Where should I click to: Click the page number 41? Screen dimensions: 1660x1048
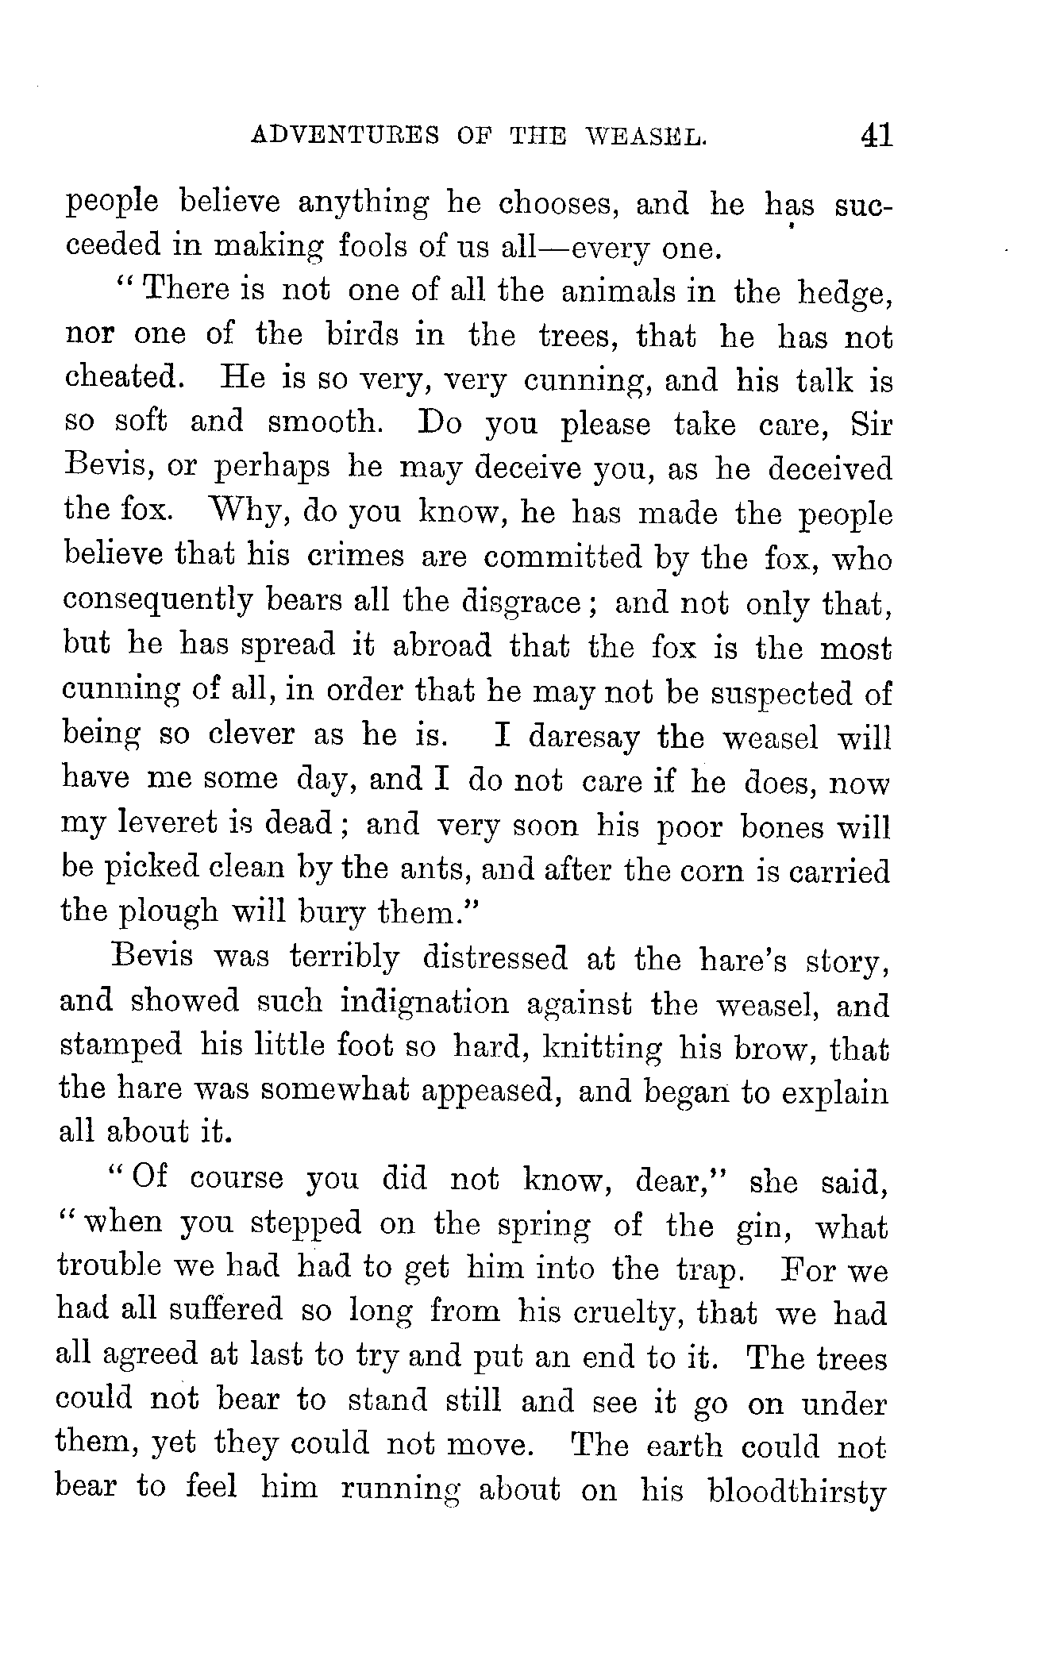click(876, 135)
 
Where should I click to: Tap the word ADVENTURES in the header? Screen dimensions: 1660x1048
click(345, 137)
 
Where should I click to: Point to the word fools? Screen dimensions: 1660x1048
click(375, 248)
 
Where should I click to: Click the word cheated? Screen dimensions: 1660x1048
click(124, 379)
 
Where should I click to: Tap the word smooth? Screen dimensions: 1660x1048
click(326, 423)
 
